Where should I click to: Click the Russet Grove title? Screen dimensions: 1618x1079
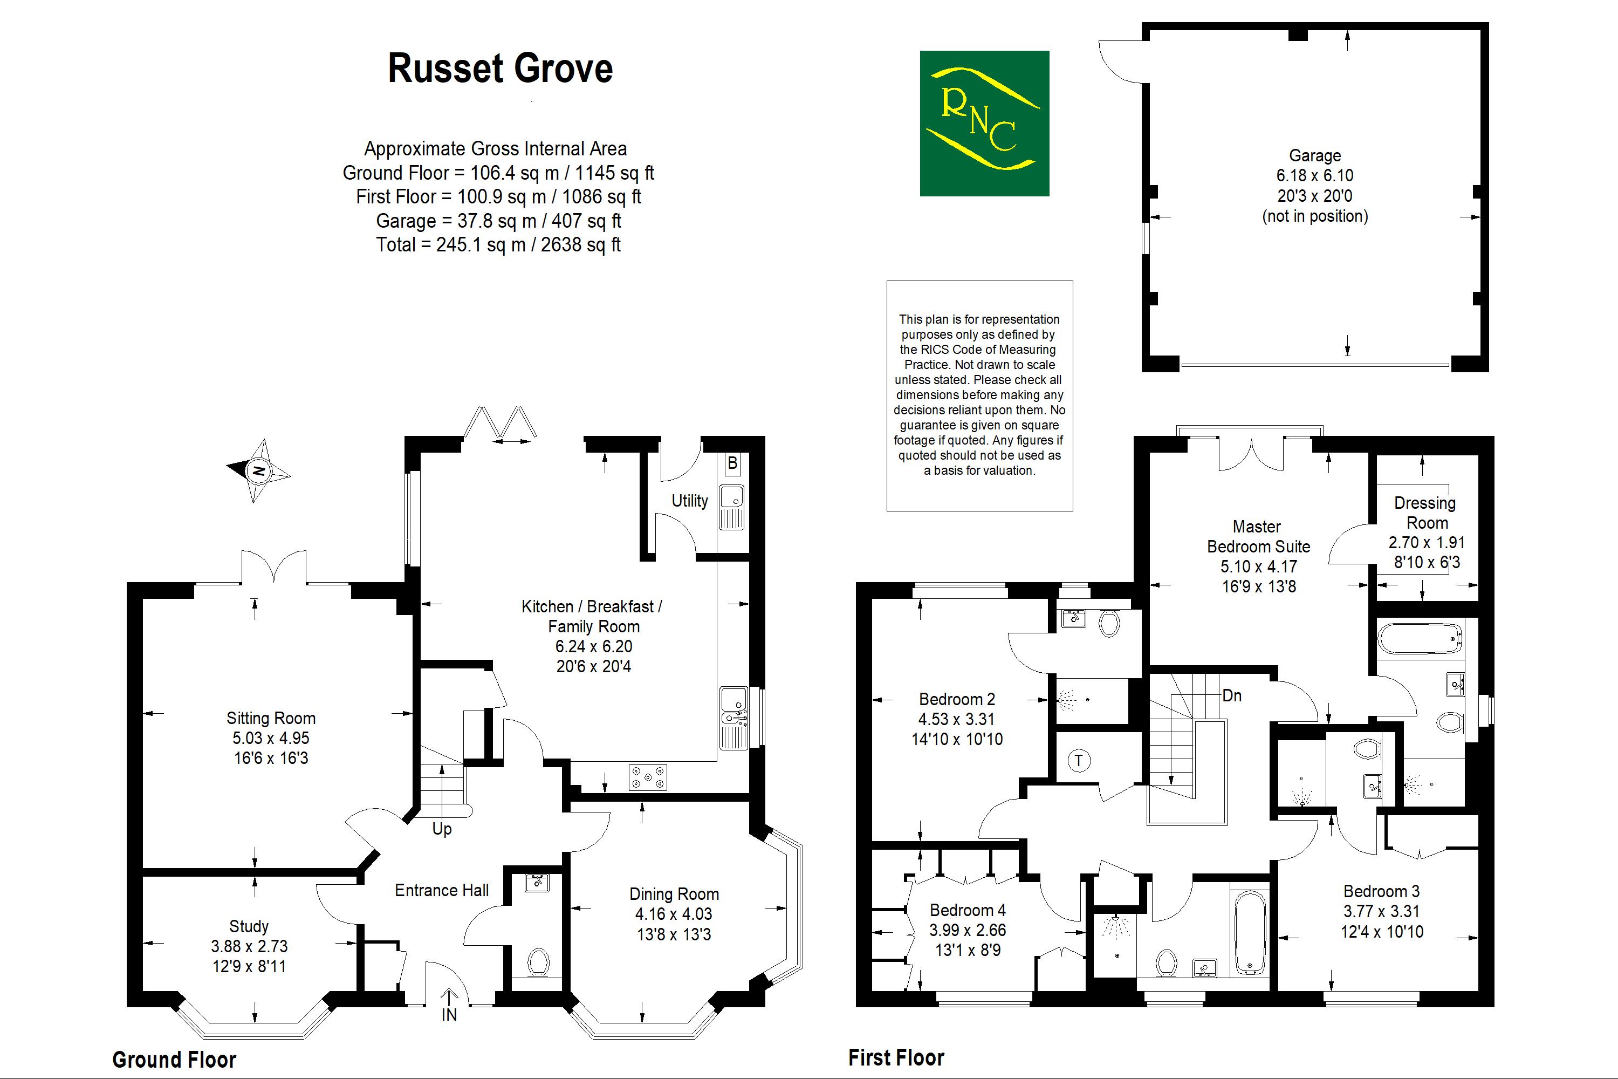click(500, 69)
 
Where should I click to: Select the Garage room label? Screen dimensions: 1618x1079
click(1315, 155)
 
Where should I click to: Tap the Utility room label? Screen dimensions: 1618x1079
click(689, 501)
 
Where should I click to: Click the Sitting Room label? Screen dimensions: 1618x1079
click(271, 719)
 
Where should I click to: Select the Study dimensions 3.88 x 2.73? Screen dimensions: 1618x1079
click(249, 946)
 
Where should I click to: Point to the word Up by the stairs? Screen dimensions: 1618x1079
click(442, 829)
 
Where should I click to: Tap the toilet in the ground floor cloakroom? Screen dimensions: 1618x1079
click(538, 961)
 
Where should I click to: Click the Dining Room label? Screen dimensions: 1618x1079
click(674, 894)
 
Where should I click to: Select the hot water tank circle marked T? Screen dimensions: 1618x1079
click(1079, 760)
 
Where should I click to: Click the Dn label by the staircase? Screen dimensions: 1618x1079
click(1231, 696)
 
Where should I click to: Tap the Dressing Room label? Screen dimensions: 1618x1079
click(1425, 513)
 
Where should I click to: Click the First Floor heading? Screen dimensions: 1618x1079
click(896, 1057)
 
